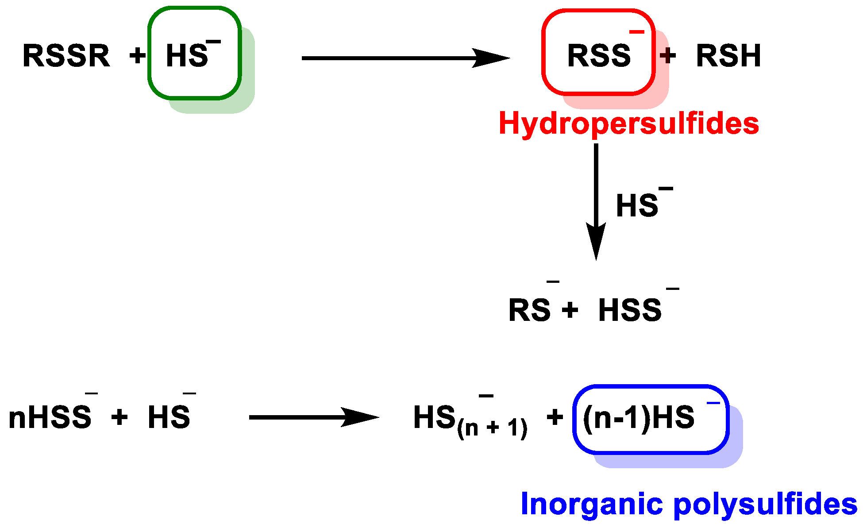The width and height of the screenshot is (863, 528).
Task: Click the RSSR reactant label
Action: pyautogui.click(x=66, y=56)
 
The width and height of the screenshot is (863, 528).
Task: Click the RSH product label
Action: pyautogui.click(x=728, y=56)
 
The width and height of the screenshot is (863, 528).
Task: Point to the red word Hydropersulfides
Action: pyautogui.click(x=629, y=123)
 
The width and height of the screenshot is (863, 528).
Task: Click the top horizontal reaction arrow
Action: pyautogui.click(x=406, y=58)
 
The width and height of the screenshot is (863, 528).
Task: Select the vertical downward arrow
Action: pyautogui.click(x=596, y=202)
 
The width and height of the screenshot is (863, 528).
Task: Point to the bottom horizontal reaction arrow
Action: pyautogui.click(x=314, y=417)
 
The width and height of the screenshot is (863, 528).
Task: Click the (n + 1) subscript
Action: pyautogui.click(x=492, y=428)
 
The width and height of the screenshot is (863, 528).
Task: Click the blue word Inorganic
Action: pyautogui.click(x=593, y=504)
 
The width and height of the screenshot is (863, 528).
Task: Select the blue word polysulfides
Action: pyautogui.click(x=765, y=504)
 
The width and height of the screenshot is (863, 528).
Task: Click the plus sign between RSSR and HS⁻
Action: pyautogui.click(x=137, y=56)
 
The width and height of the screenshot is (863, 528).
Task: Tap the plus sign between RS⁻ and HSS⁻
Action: pyautogui.click(x=570, y=310)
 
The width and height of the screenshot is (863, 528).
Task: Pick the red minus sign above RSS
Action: pyautogui.click(x=637, y=31)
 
